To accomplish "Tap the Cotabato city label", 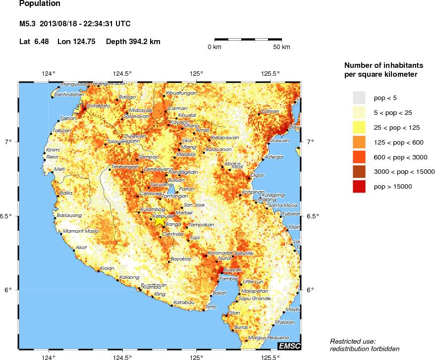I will point(98,105).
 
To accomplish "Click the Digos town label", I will point(258,175).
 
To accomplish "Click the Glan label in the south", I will point(234,312).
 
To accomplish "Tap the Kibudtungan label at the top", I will point(181,93).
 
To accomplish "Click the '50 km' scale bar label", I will point(282,47).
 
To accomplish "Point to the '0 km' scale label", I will point(214,47).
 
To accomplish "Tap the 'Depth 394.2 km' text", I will point(133,42).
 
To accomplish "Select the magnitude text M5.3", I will point(27,24).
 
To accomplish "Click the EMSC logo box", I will point(289,346).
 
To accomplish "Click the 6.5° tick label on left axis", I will point(11,216).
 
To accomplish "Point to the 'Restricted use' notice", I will point(353,341).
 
